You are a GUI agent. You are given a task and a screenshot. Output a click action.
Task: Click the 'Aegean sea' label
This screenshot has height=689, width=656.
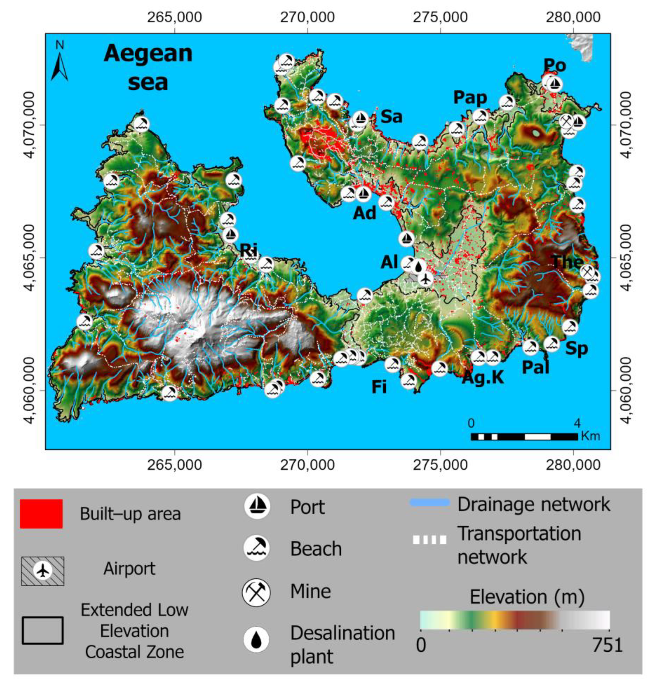[x=148, y=68]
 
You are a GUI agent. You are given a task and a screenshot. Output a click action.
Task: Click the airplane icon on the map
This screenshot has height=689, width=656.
[x=425, y=279]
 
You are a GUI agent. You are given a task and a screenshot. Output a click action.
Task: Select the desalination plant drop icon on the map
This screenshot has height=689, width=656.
[x=419, y=267]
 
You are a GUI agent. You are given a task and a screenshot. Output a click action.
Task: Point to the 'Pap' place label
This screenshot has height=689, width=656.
[x=470, y=97]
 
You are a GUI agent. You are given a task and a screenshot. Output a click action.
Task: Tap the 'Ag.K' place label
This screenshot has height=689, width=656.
[x=483, y=377]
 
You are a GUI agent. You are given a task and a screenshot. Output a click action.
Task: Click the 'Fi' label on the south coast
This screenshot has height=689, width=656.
[x=379, y=387]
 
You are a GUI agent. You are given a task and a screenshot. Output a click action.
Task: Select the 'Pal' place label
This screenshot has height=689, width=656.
[x=535, y=367]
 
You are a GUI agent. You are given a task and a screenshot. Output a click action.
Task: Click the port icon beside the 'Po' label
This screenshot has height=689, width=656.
[x=555, y=84]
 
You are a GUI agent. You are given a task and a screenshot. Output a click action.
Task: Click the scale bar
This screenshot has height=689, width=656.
[x=524, y=436]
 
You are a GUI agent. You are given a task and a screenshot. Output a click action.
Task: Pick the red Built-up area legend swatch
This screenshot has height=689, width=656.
[x=41, y=514]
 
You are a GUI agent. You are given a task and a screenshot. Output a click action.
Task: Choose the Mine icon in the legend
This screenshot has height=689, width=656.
[x=257, y=592]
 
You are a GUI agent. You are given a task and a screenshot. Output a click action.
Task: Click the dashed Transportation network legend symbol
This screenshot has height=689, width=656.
[x=429, y=540]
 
